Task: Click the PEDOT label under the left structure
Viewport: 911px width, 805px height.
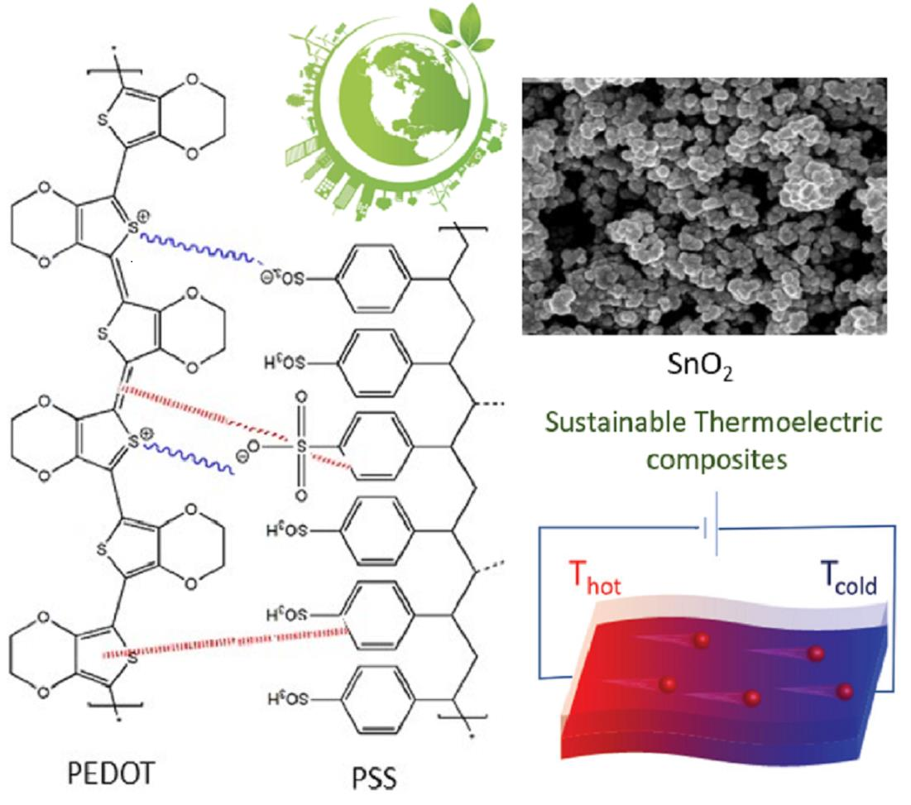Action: [110, 773]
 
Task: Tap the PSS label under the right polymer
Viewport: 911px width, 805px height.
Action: [374, 779]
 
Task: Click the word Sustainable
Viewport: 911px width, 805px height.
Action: [615, 422]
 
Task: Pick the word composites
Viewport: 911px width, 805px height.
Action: [717, 460]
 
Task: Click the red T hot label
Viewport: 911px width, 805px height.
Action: [594, 578]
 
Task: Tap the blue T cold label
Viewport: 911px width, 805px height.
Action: [849, 578]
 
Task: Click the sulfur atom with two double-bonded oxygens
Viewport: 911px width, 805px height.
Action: [300, 446]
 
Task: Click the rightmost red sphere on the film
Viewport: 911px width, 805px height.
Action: [844, 691]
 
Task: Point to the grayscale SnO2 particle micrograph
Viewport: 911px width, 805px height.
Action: [704, 206]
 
